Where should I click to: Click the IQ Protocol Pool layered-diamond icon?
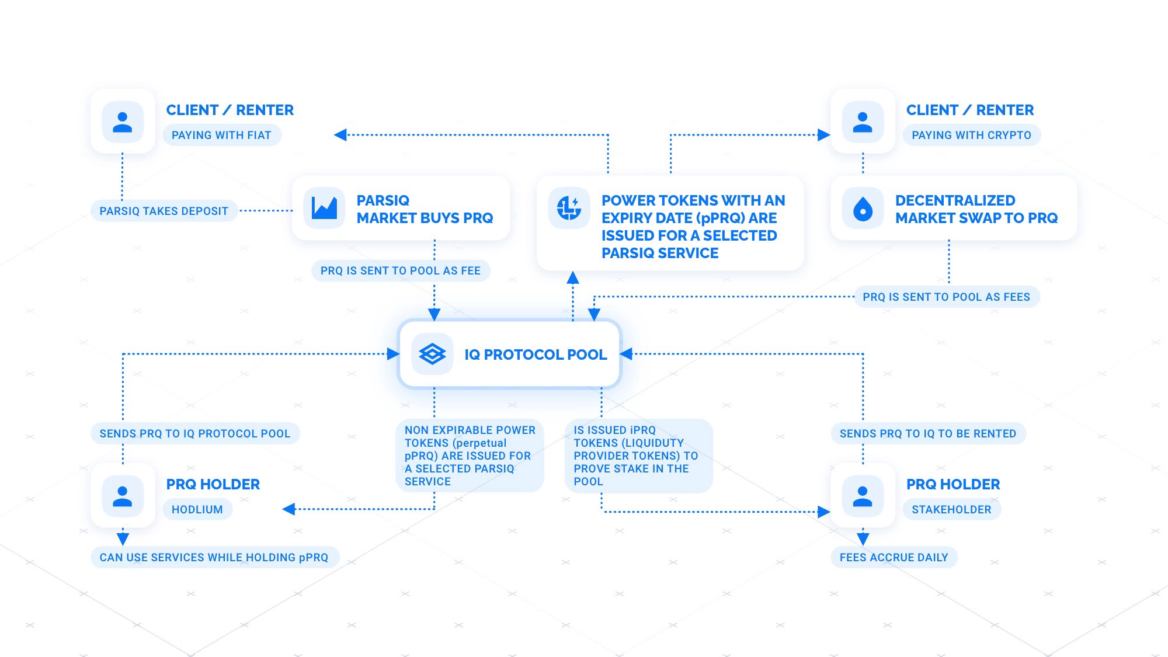[432, 354]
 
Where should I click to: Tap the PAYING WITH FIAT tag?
[222, 135]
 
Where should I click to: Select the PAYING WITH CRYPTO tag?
[972, 135]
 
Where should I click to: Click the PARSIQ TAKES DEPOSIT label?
[164, 211]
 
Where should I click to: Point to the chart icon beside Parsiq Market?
[324, 207]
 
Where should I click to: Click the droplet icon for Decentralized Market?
[863, 208]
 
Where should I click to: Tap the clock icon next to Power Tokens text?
[569, 208]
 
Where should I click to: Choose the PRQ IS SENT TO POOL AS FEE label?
[401, 270]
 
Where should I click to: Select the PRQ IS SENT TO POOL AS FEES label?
[947, 297]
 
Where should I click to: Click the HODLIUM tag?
[197, 509]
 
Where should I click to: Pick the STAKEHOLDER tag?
[952, 509]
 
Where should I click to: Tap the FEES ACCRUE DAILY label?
[894, 557]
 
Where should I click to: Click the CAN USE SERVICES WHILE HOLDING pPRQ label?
[214, 557]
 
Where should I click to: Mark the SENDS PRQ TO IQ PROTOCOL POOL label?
[195, 433]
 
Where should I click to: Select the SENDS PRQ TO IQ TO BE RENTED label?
[928, 433]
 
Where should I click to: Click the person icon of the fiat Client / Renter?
[123, 122]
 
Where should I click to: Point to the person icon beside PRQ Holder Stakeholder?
[863, 496]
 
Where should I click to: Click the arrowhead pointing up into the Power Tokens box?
[573, 277]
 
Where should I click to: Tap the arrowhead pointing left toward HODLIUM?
[288, 509]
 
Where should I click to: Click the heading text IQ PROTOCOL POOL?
[536, 354]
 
